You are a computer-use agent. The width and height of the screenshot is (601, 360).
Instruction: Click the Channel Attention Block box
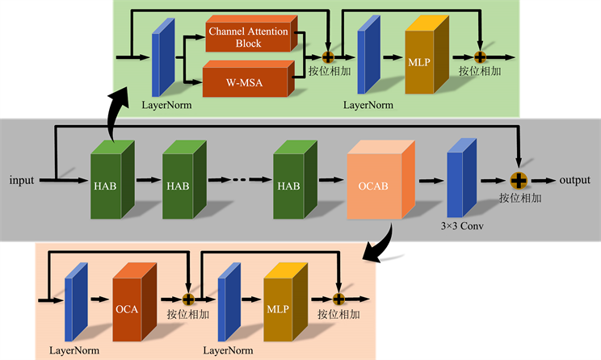pyautogui.click(x=249, y=36)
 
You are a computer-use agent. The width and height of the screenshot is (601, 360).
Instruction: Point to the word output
pyautogui.click(x=574, y=179)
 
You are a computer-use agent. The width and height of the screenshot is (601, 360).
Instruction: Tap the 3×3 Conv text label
pyautogui.click(x=462, y=227)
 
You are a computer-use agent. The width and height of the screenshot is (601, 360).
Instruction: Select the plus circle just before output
pyautogui.click(x=518, y=178)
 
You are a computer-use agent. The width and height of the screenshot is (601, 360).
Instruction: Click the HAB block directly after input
pyautogui.click(x=107, y=186)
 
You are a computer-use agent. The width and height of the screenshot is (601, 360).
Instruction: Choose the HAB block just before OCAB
pyautogui.click(x=288, y=186)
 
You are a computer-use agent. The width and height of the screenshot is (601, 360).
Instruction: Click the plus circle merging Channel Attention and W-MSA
pyautogui.click(x=328, y=57)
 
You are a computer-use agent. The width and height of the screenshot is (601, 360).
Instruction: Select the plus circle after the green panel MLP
pyautogui.click(x=479, y=57)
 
